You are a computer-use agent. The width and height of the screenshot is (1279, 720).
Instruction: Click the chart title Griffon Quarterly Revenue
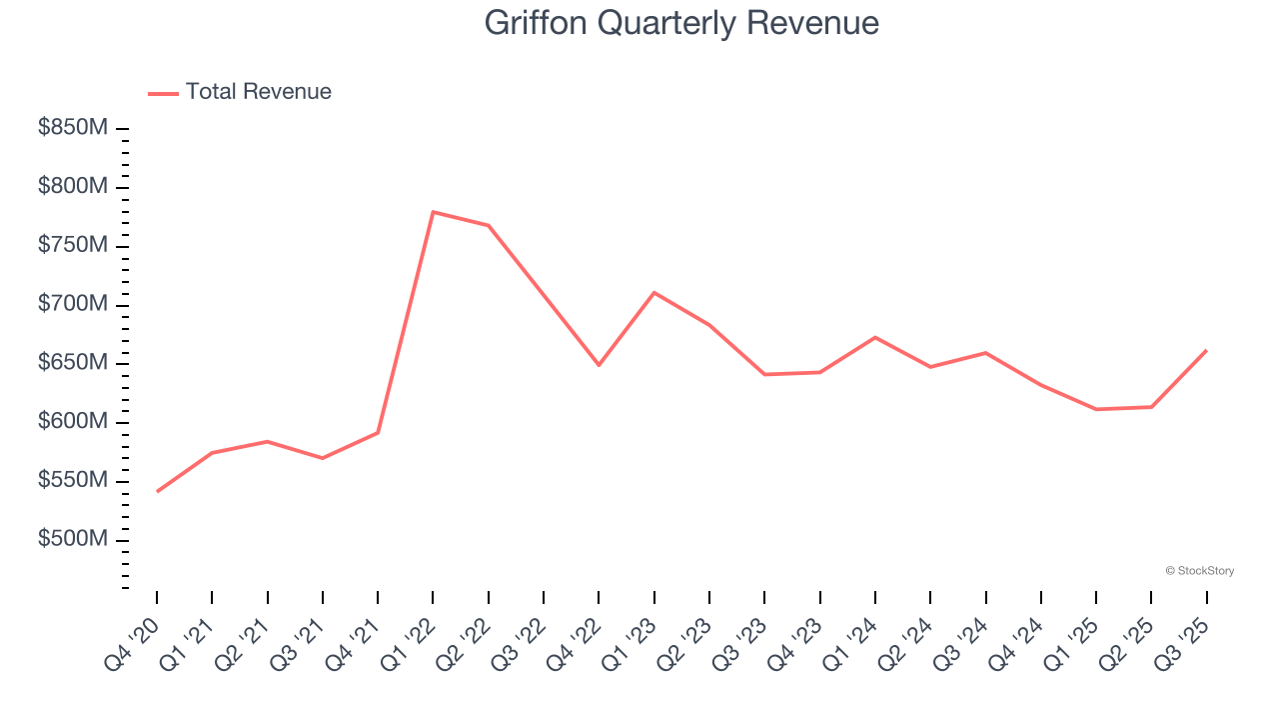click(681, 23)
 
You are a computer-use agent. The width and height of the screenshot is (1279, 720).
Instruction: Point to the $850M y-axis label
click(73, 128)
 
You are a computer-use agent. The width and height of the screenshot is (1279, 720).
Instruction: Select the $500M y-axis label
click(73, 540)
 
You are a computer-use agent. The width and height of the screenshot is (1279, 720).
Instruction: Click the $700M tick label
click(73, 304)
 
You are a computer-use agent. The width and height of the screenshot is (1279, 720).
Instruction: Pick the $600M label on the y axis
click(73, 422)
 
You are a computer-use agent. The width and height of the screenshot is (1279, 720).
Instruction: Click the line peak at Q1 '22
click(433, 212)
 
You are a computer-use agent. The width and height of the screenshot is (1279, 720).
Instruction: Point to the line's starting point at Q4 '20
click(157, 491)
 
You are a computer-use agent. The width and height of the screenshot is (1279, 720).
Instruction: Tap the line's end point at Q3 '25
click(1206, 350)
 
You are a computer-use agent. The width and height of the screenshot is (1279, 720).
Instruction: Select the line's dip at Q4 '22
click(599, 365)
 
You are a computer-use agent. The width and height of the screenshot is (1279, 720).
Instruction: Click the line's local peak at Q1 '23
click(653, 292)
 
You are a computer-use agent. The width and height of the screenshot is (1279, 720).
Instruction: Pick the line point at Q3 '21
click(322, 458)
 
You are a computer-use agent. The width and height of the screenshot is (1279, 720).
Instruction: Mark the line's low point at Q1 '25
click(1096, 409)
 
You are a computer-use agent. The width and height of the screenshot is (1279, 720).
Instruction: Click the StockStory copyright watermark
click(1199, 571)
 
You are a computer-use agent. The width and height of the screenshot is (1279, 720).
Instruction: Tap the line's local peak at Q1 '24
click(874, 337)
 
